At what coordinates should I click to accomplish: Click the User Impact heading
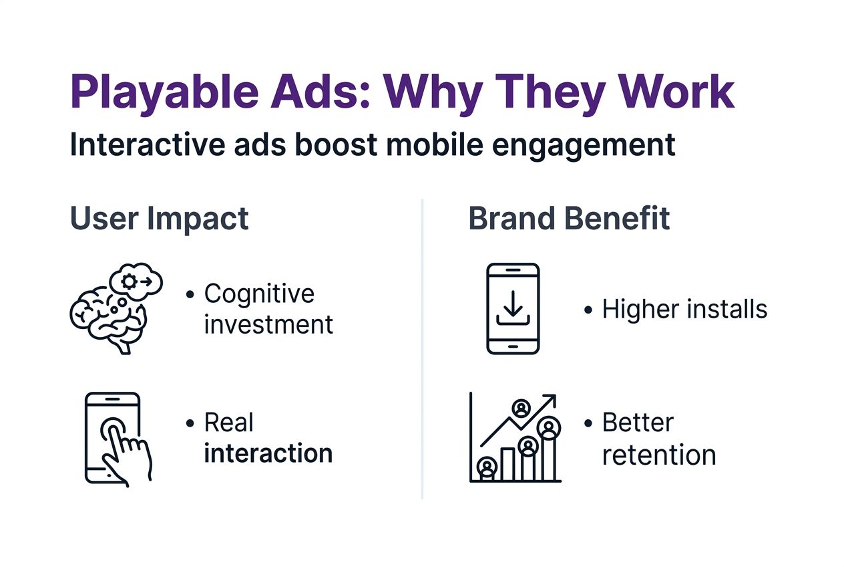pos(159,219)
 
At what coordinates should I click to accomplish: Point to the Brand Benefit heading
pos(569,219)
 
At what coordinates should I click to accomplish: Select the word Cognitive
pos(259,294)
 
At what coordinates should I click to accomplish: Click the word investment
pos(268,325)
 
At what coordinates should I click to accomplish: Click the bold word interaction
pos(268,453)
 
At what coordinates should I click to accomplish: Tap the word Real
pos(229,423)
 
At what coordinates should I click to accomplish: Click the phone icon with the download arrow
pos(512,308)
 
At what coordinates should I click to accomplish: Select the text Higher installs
pos(684,310)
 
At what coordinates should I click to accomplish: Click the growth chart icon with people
pos(515,438)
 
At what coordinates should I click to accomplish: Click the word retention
pos(658,455)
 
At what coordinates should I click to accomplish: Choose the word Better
pos(638,423)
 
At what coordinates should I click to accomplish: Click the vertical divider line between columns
pos(422,348)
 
